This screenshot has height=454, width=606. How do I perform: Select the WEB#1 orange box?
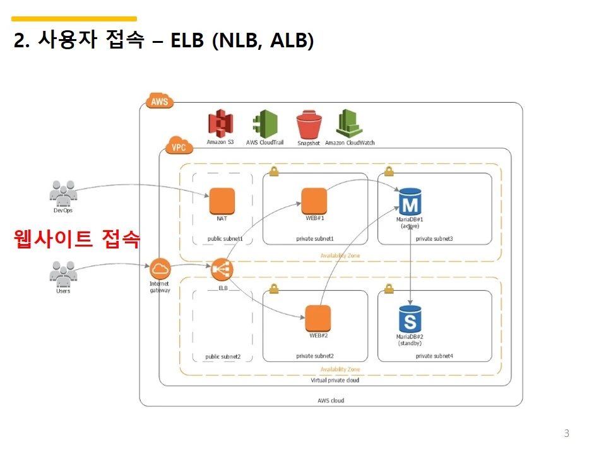tap(314, 201)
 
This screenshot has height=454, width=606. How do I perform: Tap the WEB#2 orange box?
tap(318, 318)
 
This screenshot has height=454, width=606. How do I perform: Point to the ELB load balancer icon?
tap(222, 270)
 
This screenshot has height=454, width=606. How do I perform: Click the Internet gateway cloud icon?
tap(160, 269)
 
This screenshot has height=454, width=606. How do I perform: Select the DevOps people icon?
tap(62, 192)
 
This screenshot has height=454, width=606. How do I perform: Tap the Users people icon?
tap(62, 273)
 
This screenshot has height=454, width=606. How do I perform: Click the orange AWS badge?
tap(160, 101)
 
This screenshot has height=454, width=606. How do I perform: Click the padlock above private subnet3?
tap(389, 171)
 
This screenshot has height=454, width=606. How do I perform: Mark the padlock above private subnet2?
tap(274, 288)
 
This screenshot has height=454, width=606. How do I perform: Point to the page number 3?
tap(566, 433)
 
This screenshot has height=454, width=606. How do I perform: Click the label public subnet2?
tap(223, 356)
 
